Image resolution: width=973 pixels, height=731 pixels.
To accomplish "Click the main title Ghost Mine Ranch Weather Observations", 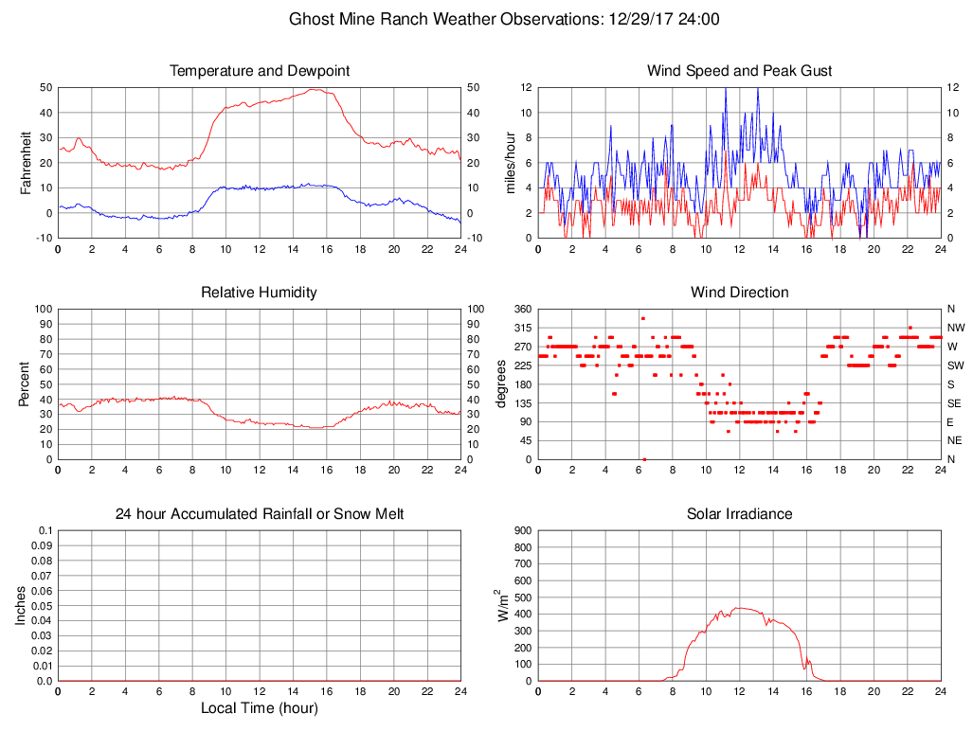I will [503, 19].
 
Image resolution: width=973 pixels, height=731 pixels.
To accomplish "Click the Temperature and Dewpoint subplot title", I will [260, 71].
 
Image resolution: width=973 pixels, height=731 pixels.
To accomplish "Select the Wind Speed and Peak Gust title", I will [740, 71].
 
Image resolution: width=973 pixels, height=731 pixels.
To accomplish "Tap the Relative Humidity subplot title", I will [260, 293].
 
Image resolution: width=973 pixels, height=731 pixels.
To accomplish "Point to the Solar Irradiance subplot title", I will [740, 514].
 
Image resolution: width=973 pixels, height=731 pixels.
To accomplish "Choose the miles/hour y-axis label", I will [511, 163].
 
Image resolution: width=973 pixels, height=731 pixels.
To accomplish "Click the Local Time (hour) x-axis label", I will [260, 708].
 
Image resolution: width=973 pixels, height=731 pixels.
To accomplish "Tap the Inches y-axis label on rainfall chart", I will [21, 606].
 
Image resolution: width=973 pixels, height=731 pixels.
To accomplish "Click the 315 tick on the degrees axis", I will [522, 328].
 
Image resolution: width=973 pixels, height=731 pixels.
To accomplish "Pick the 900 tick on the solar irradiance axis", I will [522, 531].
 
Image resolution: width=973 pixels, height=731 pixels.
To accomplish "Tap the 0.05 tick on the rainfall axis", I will [41, 606].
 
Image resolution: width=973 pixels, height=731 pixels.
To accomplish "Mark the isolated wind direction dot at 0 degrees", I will [644, 459].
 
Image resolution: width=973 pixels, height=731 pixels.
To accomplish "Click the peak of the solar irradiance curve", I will [740, 608].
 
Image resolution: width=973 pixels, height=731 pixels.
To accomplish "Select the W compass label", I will [951, 347].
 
